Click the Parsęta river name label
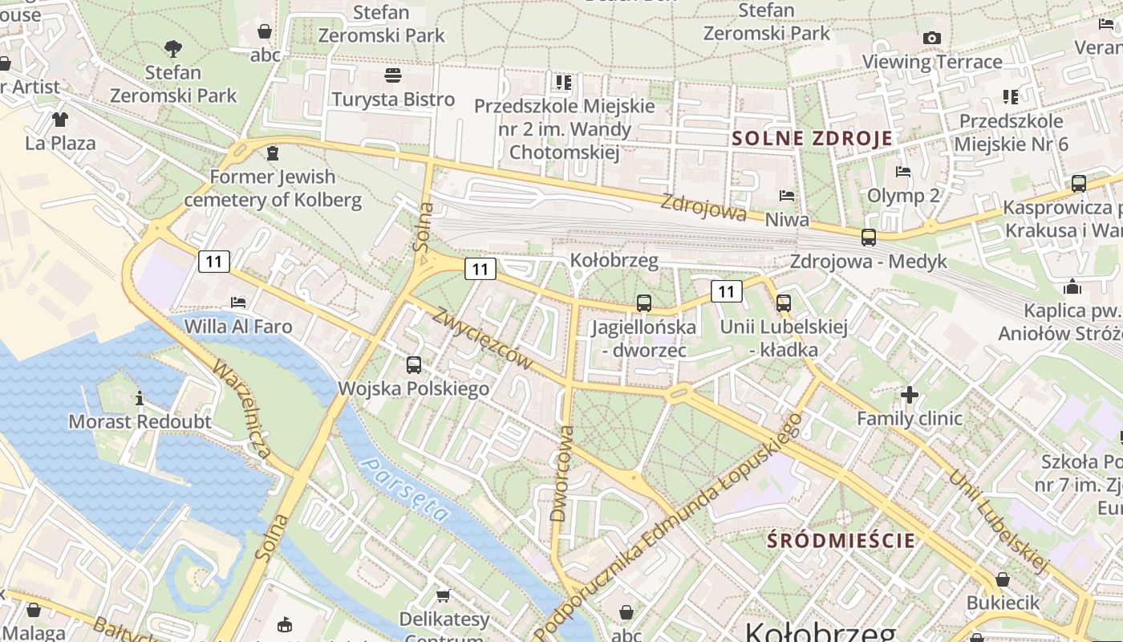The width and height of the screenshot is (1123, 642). (405, 489)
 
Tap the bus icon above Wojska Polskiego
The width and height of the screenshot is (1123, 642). (414, 364)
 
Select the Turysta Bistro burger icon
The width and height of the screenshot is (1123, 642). (393, 76)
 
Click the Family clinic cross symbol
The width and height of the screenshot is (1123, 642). (909, 394)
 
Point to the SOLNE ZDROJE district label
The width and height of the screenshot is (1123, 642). (812, 138)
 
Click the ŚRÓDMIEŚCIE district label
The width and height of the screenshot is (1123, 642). (841, 540)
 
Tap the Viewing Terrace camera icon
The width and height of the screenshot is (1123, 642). (931, 38)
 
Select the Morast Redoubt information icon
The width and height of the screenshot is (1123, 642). (140, 397)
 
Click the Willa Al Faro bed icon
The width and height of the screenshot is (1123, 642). (238, 303)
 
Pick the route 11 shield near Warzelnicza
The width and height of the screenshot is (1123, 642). (213, 261)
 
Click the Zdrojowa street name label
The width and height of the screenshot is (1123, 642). (703, 209)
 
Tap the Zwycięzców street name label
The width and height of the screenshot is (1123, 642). (482, 338)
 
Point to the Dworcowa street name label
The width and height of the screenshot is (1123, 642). (563, 473)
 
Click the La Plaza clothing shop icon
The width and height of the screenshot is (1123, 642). (60, 120)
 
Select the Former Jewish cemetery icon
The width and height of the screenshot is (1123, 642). (274, 152)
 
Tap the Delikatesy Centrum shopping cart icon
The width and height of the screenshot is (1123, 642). (444, 595)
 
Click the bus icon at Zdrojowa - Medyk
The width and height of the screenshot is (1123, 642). (868, 237)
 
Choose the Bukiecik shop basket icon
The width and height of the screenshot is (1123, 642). (1002, 579)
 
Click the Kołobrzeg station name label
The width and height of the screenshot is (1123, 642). (614, 260)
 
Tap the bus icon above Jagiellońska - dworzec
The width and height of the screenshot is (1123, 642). (643, 303)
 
